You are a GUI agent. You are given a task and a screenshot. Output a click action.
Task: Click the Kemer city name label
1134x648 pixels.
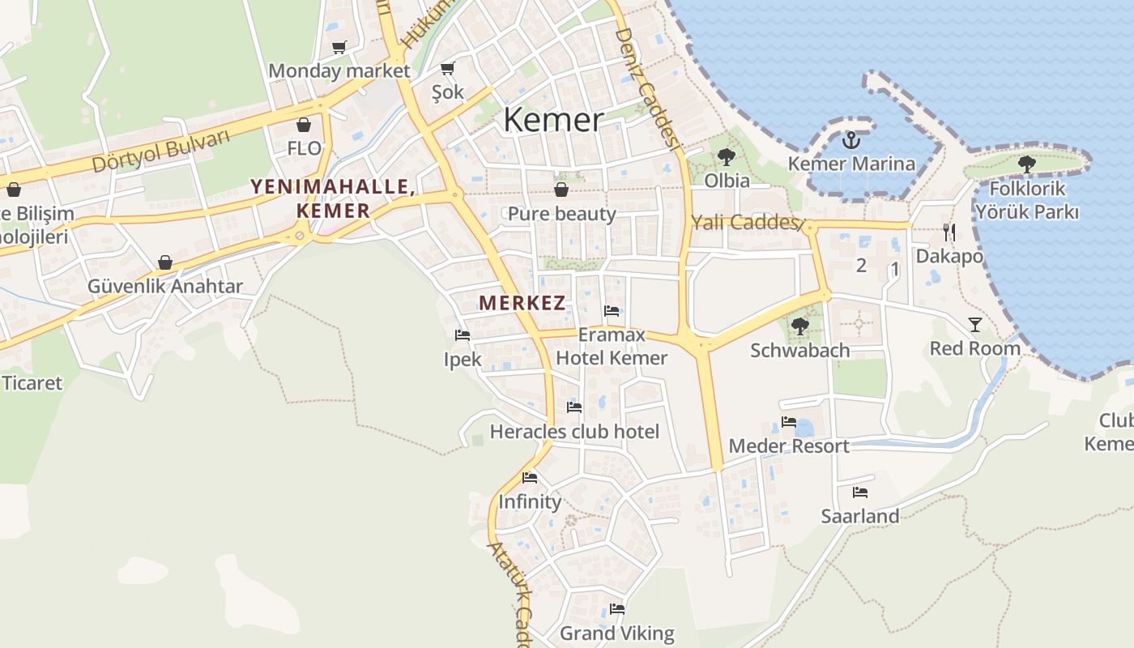click(x=553, y=120)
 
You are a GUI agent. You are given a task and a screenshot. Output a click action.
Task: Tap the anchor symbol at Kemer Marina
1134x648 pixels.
click(x=850, y=141)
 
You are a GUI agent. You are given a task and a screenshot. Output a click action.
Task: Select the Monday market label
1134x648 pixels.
click(x=339, y=70)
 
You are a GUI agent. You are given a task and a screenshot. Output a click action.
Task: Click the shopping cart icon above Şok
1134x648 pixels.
click(x=447, y=69)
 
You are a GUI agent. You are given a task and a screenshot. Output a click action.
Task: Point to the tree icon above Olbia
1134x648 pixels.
click(x=726, y=157)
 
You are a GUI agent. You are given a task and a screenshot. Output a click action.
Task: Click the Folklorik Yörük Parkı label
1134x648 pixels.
click(x=1026, y=200)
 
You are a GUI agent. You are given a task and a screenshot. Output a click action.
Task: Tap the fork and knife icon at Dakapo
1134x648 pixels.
click(x=949, y=233)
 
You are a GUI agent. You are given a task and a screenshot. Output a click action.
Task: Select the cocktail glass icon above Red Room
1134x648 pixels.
click(x=974, y=325)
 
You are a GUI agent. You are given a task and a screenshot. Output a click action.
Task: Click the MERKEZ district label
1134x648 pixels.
click(x=522, y=304)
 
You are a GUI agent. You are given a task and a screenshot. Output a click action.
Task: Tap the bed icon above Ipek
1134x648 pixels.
click(x=463, y=335)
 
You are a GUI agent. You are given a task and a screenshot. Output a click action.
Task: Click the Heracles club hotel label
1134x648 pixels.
click(x=574, y=432)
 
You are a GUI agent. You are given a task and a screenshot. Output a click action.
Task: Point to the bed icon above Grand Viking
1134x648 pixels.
click(x=617, y=609)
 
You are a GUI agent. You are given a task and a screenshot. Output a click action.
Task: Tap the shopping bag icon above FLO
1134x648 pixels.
click(x=304, y=125)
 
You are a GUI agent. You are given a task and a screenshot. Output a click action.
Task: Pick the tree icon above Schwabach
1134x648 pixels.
click(x=799, y=326)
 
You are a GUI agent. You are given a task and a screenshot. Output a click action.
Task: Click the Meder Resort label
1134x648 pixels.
click(x=789, y=446)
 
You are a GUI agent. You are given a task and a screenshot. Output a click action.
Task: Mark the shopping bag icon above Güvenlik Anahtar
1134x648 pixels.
click(x=165, y=262)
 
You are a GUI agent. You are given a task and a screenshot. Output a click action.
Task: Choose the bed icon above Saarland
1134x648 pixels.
click(x=859, y=492)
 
